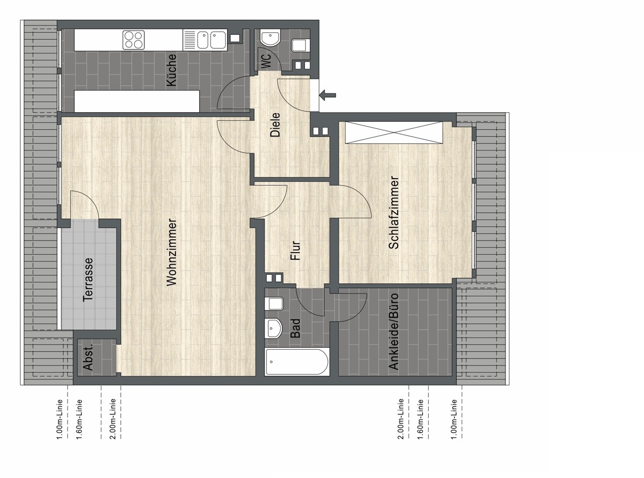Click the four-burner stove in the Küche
pos(134,40)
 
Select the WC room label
pos(266,61)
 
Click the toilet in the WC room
pos(299,45)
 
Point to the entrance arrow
pos(327,95)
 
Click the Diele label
pos(275,125)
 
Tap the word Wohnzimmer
pos(172,252)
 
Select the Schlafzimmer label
pos(394,212)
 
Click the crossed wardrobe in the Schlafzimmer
pos(394,133)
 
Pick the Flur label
pos(295,251)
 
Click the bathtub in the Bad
pos(297,362)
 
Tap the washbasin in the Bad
pos(273,328)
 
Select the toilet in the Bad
pos(274,304)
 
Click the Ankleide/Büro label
pos(394,331)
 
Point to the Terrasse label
pos(88,280)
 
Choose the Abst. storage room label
pos(88,357)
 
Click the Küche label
pos(172,70)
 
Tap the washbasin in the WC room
pos(270,38)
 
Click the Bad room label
pos(295,328)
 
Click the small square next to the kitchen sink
pos(235,38)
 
